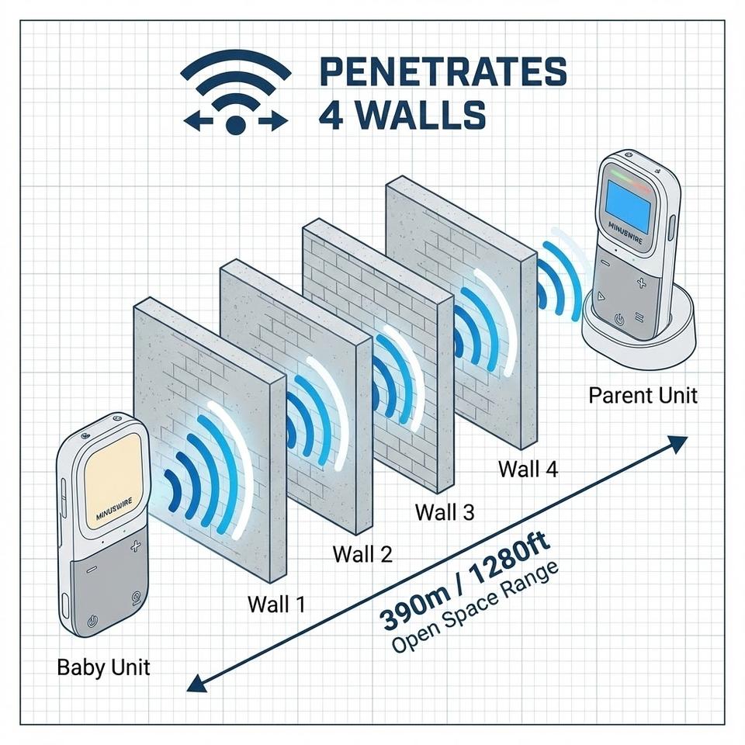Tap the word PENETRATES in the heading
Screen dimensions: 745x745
pyautogui.click(x=442, y=73)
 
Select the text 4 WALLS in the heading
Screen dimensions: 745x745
pyautogui.click(x=402, y=113)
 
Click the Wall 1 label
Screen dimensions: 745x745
pyautogui.click(x=276, y=604)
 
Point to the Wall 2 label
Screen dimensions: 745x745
pyautogui.click(x=362, y=554)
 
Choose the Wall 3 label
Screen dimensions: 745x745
pyautogui.click(x=444, y=512)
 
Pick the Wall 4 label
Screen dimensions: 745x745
pyautogui.click(x=528, y=469)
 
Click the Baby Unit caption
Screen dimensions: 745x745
pyautogui.click(x=103, y=667)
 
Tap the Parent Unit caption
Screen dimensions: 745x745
pyautogui.click(x=643, y=396)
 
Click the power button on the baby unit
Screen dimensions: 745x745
pyautogui.click(x=92, y=620)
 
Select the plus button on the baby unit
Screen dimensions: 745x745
pyautogui.click(x=136, y=547)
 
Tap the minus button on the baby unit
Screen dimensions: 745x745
pyautogui.click(x=92, y=569)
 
